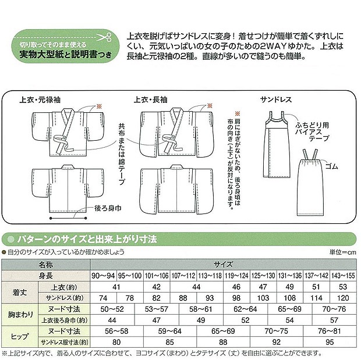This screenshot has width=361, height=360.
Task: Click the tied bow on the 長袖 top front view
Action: (172, 141)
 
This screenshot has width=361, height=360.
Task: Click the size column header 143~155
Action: (342, 275)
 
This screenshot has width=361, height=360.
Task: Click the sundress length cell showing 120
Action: (342, 297)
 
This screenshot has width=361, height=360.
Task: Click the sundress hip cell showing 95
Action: (329, 341)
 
